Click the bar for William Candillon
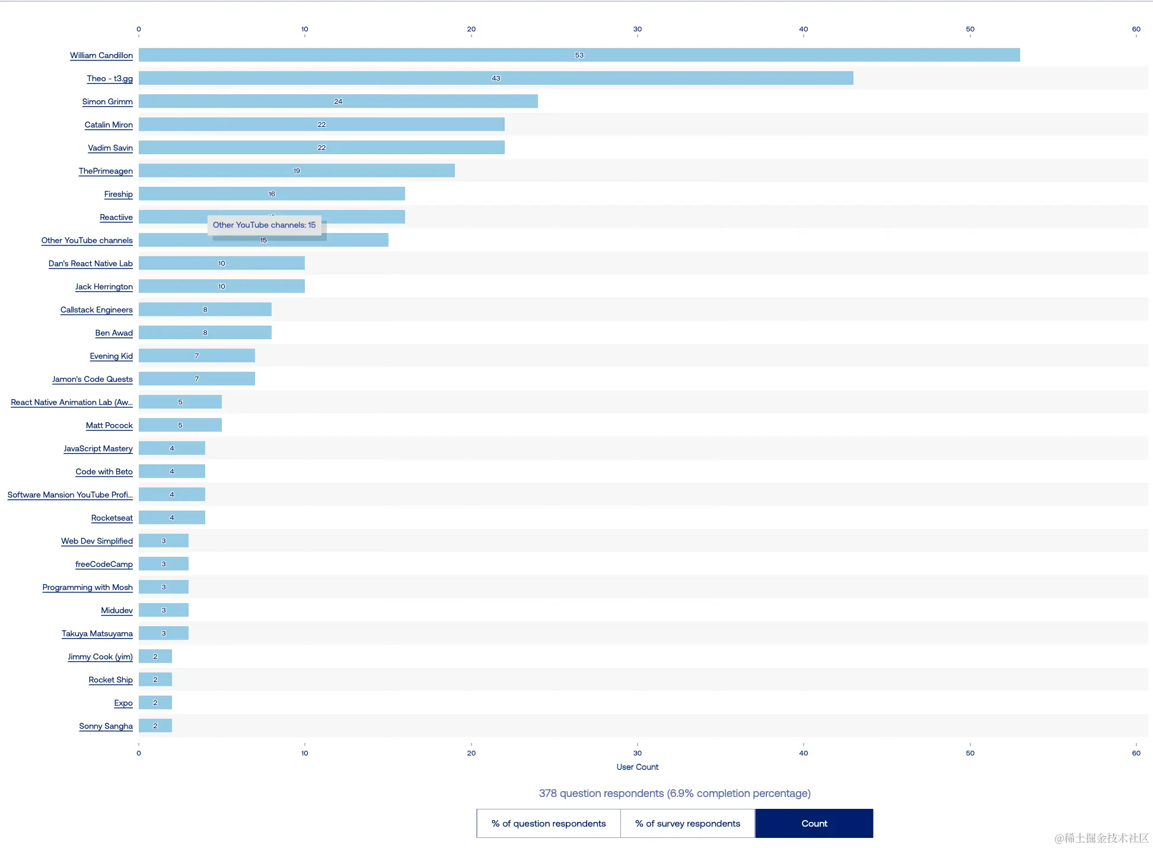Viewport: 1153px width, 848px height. click(x=579, y=55)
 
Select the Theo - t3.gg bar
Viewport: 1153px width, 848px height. click(x=496, y=78)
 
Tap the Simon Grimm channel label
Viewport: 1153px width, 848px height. click(x=107, y=102)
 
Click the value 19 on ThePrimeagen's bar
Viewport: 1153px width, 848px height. click(x=297, y=171)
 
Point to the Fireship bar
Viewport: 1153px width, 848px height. click(x=272, y=194)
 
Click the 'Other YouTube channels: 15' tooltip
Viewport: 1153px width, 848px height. click(x=265, y=225)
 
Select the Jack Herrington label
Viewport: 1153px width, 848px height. click(x=104, y=287)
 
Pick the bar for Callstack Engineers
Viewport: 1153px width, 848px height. click(x=205, y=310)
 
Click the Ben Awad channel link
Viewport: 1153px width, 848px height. click(x=114, y=333)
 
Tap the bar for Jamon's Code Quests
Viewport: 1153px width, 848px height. click(x=197, y=379)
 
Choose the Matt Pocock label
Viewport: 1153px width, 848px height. click(x=109, y=426)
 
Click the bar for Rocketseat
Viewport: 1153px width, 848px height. click(x=172, y=518)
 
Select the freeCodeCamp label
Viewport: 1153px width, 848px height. click(x=104, y=565)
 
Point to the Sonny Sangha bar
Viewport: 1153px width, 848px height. click(x=155, y=726)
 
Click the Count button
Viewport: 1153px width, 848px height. click(x=814, y=824)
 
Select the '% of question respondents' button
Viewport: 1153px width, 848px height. click(x=549, y=824)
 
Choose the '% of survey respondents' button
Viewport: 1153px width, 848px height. click(x=687, y=824)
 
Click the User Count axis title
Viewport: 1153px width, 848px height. click(x=638, y=767)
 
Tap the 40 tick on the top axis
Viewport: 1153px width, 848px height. click(x=804, y=29)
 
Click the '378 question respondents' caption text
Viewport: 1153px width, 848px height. click(x=674, y=793)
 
